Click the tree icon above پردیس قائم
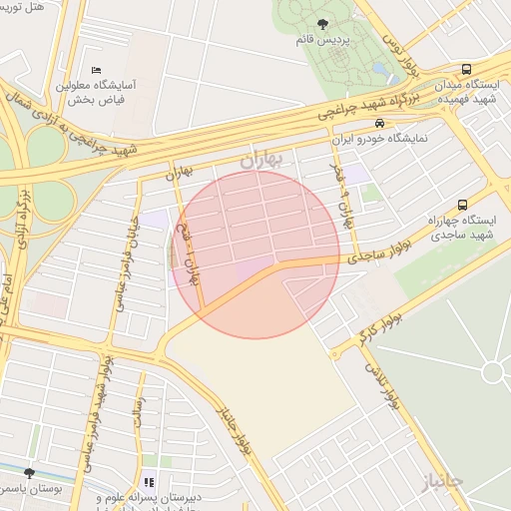click(x=320, y=23)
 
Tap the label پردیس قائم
click(x=320, y=41)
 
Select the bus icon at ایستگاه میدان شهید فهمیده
click(x=466, y=70)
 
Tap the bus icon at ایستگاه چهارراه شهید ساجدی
click(x=460, y=204)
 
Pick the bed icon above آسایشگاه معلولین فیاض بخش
click(x=96, y=70)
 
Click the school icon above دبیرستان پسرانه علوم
click(x=150, y=483)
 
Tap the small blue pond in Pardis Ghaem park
click(x=381, y=71)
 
